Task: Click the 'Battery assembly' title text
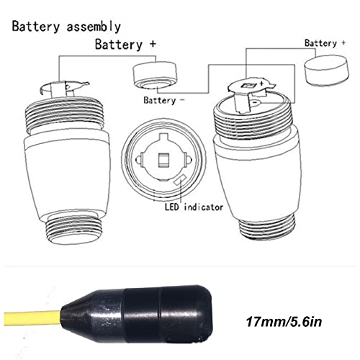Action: pyautogui.click(x=67, y=27)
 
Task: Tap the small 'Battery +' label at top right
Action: pyautogui.click(x=320, y=43)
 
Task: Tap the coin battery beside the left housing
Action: pyautogui.click(x=154, y=75)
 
